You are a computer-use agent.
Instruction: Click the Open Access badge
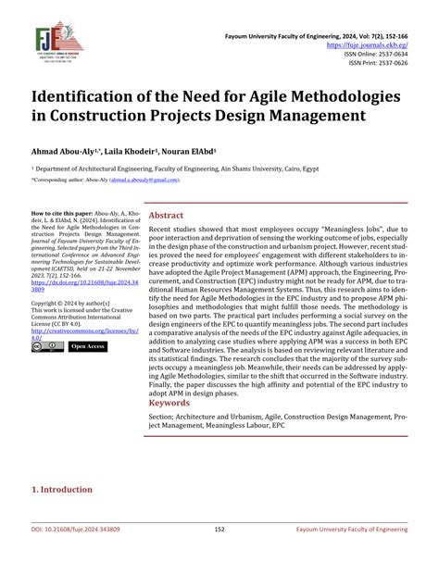87,346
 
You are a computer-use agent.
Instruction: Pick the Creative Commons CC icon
47,346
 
